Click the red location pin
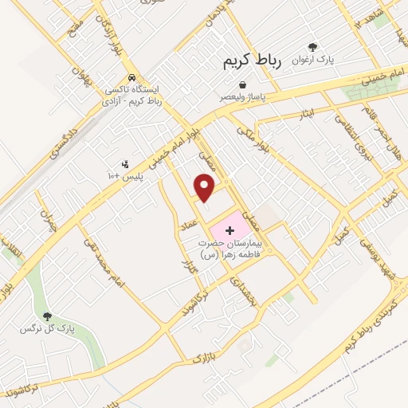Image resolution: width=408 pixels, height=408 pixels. point(205,186)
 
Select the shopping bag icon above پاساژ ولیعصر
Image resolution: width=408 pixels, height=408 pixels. point(241,84)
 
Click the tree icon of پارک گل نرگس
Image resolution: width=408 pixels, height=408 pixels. point(47,317)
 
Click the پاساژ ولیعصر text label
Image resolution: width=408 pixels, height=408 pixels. point(241,97)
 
